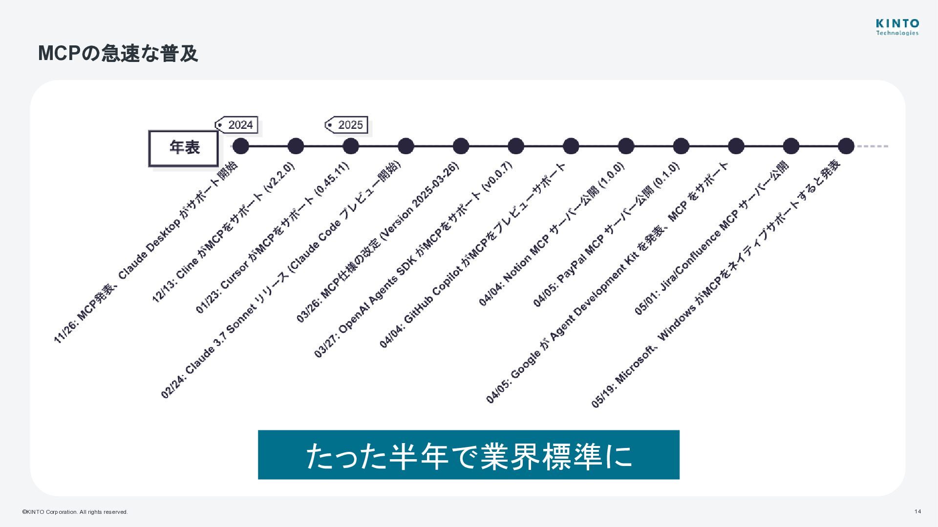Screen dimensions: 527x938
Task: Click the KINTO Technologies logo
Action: pyautogui.click(x=897, y=27)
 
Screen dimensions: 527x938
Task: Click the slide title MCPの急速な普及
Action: pyautogui.click(x=118, y=53)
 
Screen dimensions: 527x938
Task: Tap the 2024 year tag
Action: pyautogui.click(x=237, y=125)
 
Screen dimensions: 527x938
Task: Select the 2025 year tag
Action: pyautogui.click(x=347, y=125)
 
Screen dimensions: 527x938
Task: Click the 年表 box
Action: pyautogui.click(x=184, y=148)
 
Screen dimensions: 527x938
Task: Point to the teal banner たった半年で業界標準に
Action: pyautogui.click(x=469, y=455)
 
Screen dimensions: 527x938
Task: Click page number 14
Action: pyautogui.click(x=917, y=511)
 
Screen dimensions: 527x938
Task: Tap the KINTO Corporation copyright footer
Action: pyautogui.click(x=75, y=512)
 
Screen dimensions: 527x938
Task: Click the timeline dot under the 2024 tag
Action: pyautogui.click(x=240, y=146)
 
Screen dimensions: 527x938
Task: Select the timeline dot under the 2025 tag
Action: pyautogui.click(x=350, y=146)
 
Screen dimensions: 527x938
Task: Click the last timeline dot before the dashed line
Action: pyautogui.click(x=846, y=146)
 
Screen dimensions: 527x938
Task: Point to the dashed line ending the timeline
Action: pyautogui.click(x=873, y=146)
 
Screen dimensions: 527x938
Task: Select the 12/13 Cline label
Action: pyautogui.click(x=224, y=233)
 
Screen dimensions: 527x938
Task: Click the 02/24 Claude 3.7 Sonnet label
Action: pyautogui.click(x=280, y=280)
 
